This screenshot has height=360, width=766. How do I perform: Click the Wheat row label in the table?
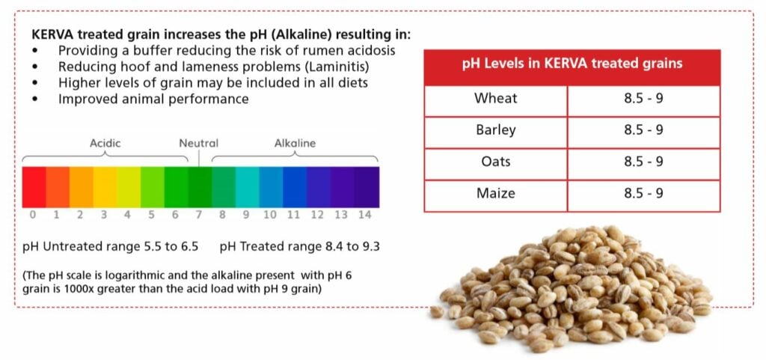[495, 98]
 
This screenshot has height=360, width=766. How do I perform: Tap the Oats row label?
[495, 161]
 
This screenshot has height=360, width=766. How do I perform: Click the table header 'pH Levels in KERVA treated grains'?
[572, 64]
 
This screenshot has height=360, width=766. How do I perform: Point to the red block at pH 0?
[34, 187]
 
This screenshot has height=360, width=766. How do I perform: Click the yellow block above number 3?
[105, 187]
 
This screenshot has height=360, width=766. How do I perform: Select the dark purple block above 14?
[367, 187]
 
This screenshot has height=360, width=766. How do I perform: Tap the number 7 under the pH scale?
[199, 215]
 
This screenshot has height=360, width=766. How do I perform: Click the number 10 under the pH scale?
[269, 215]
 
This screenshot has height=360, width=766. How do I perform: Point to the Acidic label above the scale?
[105, 143]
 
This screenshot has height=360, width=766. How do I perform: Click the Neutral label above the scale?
[198, 143]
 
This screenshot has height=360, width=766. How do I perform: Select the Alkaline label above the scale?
[295, 143]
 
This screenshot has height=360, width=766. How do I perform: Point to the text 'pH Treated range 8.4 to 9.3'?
[299, 247]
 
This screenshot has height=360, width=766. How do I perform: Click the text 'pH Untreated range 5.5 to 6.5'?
[111, 247]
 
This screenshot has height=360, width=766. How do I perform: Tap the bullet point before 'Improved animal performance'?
[34, 99]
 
